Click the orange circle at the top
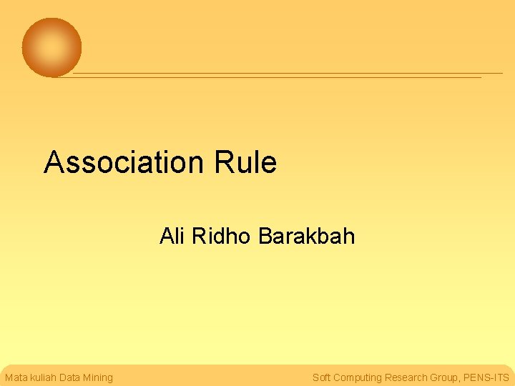point(51,48)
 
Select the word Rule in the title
point(245,162)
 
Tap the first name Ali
point(172,236)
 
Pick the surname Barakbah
point(306,236)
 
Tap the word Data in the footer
point(70,377)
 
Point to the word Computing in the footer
point(357,377)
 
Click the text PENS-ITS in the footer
point(486,377)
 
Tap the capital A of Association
point(53,162)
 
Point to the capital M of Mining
point(88,377)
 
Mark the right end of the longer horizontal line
point(502,73)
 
